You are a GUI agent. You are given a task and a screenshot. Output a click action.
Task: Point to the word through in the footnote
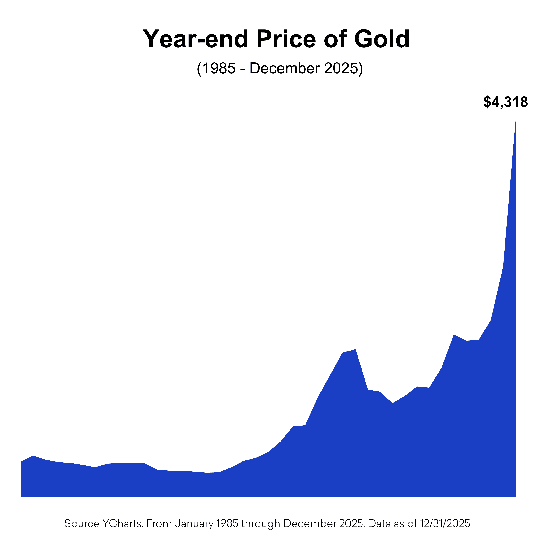pos(260,524)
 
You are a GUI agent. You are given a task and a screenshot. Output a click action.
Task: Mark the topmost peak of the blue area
pos(516,121)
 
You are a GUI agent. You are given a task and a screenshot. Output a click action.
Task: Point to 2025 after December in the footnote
pos(351,524)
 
